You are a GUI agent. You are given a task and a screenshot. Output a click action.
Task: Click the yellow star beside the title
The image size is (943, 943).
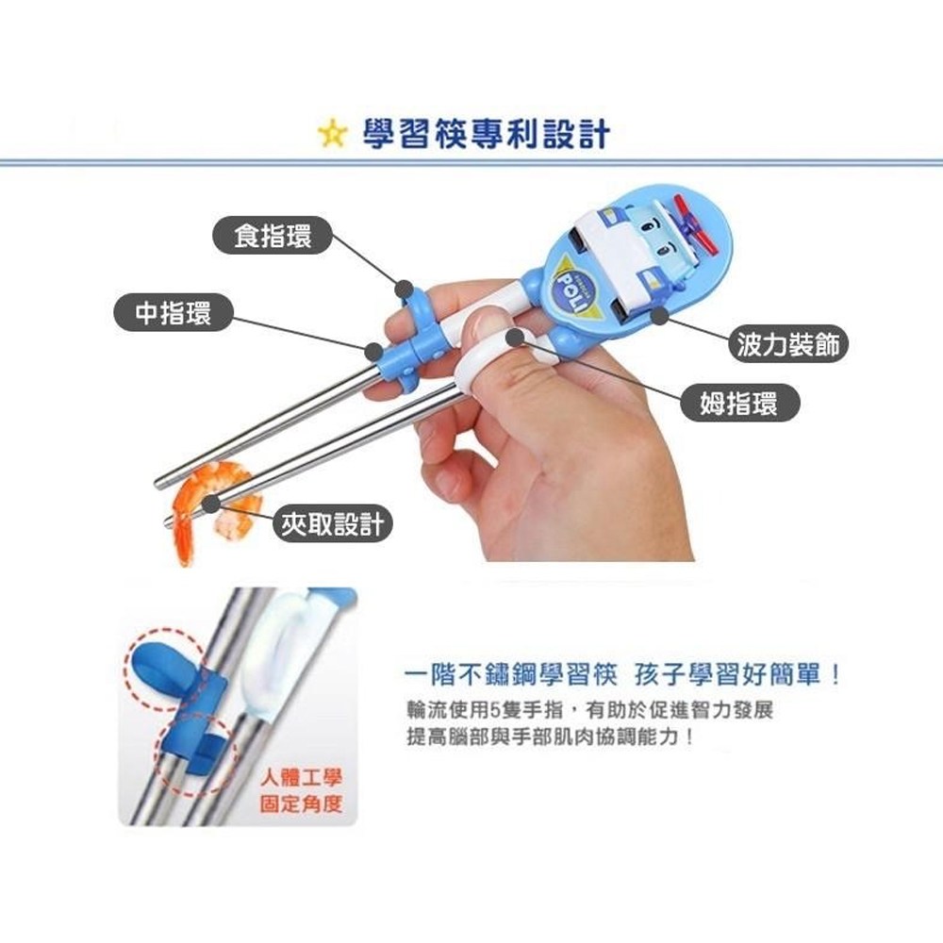tap(333, 134)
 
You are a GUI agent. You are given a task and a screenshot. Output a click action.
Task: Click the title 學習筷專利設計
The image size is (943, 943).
tap(487, 134)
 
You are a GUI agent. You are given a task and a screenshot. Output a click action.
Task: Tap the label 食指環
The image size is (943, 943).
tap(273, 235)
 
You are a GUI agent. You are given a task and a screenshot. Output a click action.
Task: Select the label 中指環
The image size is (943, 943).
tap(174, 312)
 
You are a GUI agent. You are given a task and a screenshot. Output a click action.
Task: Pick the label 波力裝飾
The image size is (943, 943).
tap(787, 344)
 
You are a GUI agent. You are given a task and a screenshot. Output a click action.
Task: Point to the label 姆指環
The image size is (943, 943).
tap(739, 403)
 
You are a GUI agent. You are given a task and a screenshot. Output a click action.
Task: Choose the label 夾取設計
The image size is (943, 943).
tap(333, 523)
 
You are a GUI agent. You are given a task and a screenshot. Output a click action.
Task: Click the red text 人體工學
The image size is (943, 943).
tap(301, 778)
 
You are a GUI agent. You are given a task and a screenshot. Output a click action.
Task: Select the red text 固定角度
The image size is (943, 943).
tap(301, 804)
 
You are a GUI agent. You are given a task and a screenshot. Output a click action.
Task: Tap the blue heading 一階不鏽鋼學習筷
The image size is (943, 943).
tap(511, 675)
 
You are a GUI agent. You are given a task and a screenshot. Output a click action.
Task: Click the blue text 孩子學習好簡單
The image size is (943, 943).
tap(737, 675)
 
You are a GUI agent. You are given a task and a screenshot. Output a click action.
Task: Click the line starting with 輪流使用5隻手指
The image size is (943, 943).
tap(590, 710)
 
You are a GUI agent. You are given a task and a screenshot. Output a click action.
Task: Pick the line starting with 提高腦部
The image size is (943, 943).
tap(551, 736)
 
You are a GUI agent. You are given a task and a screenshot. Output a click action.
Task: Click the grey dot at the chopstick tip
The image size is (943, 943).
tap(210, 504)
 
